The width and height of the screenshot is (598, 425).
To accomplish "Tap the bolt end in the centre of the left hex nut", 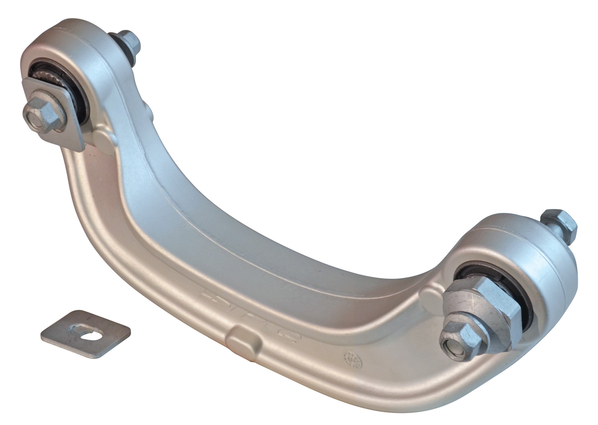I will (33, 114).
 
